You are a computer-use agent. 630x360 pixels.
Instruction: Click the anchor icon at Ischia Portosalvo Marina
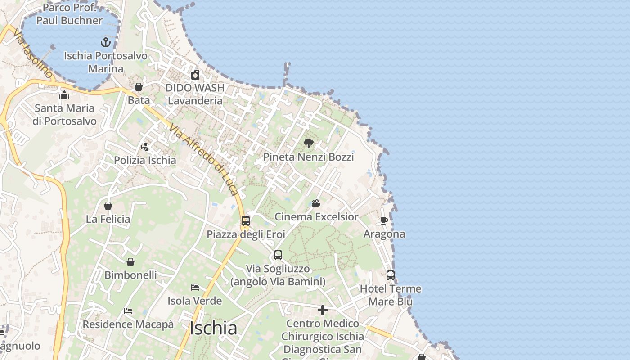[105, 42]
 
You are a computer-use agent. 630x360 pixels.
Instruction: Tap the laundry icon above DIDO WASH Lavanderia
[195, 75]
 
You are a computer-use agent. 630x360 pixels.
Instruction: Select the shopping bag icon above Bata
[139, 87]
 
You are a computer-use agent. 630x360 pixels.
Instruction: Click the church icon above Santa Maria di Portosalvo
[64, 95]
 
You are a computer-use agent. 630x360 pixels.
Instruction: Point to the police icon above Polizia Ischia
[144, 147]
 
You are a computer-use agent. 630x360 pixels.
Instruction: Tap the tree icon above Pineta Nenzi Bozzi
[308, 144]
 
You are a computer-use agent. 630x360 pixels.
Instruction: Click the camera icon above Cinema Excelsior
[316, 203]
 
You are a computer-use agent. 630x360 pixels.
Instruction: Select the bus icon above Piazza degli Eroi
[245, 221]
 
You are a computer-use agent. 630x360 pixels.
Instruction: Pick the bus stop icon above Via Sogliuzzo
[278, 255]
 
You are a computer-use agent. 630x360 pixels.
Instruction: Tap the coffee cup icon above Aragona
[384, 220]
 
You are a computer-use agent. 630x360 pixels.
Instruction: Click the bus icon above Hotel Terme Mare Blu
[391, 275]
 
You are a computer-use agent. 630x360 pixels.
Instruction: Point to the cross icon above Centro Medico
[322, 310]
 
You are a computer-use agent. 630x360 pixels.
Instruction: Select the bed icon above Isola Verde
[194, 287]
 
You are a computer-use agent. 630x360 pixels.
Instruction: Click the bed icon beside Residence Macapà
[128, 311]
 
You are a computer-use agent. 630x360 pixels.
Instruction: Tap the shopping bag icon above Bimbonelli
[130, 261]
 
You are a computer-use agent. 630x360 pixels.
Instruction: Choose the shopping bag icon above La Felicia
[108, 206]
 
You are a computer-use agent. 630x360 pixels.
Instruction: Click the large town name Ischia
[213, 328]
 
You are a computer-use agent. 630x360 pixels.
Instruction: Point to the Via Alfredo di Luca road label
[203, 159]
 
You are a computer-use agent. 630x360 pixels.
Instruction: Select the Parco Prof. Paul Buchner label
[69, 14]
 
